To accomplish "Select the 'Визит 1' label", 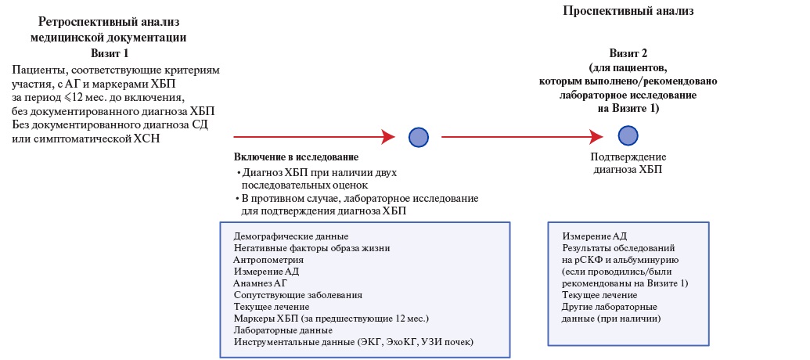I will [x=110, y=53].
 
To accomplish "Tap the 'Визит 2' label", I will [x=628, y=54].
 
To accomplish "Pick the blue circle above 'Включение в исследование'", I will [x=419, y=137].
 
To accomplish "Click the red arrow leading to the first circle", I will [x=314, y=137].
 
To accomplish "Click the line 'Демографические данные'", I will [x=290, y=236].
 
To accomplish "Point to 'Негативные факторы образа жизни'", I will [x=311, y=248].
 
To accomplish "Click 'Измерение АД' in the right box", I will [x=594, y=236].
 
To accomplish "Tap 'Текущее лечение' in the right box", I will [x=599, y=295].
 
